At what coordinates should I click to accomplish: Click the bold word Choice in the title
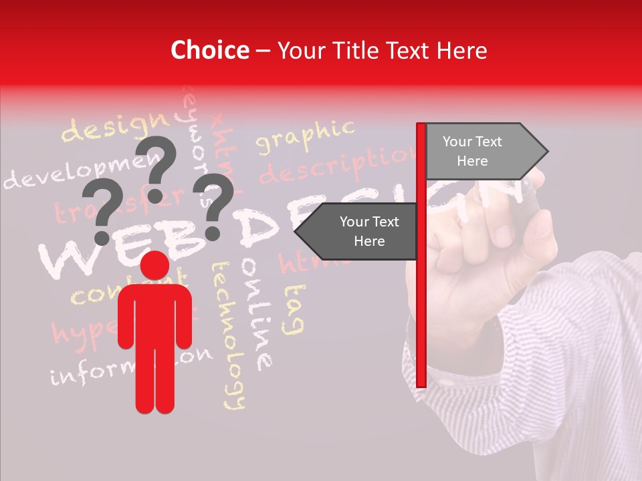209,50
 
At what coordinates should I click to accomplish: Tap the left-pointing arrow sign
358,231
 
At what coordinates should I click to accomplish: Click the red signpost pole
421,301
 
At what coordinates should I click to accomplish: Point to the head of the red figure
155,265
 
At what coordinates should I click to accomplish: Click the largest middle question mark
157,167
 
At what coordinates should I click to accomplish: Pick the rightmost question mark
213,206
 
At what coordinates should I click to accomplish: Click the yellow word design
115,128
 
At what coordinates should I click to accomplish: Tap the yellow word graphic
304,138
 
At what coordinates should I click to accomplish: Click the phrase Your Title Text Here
382,50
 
